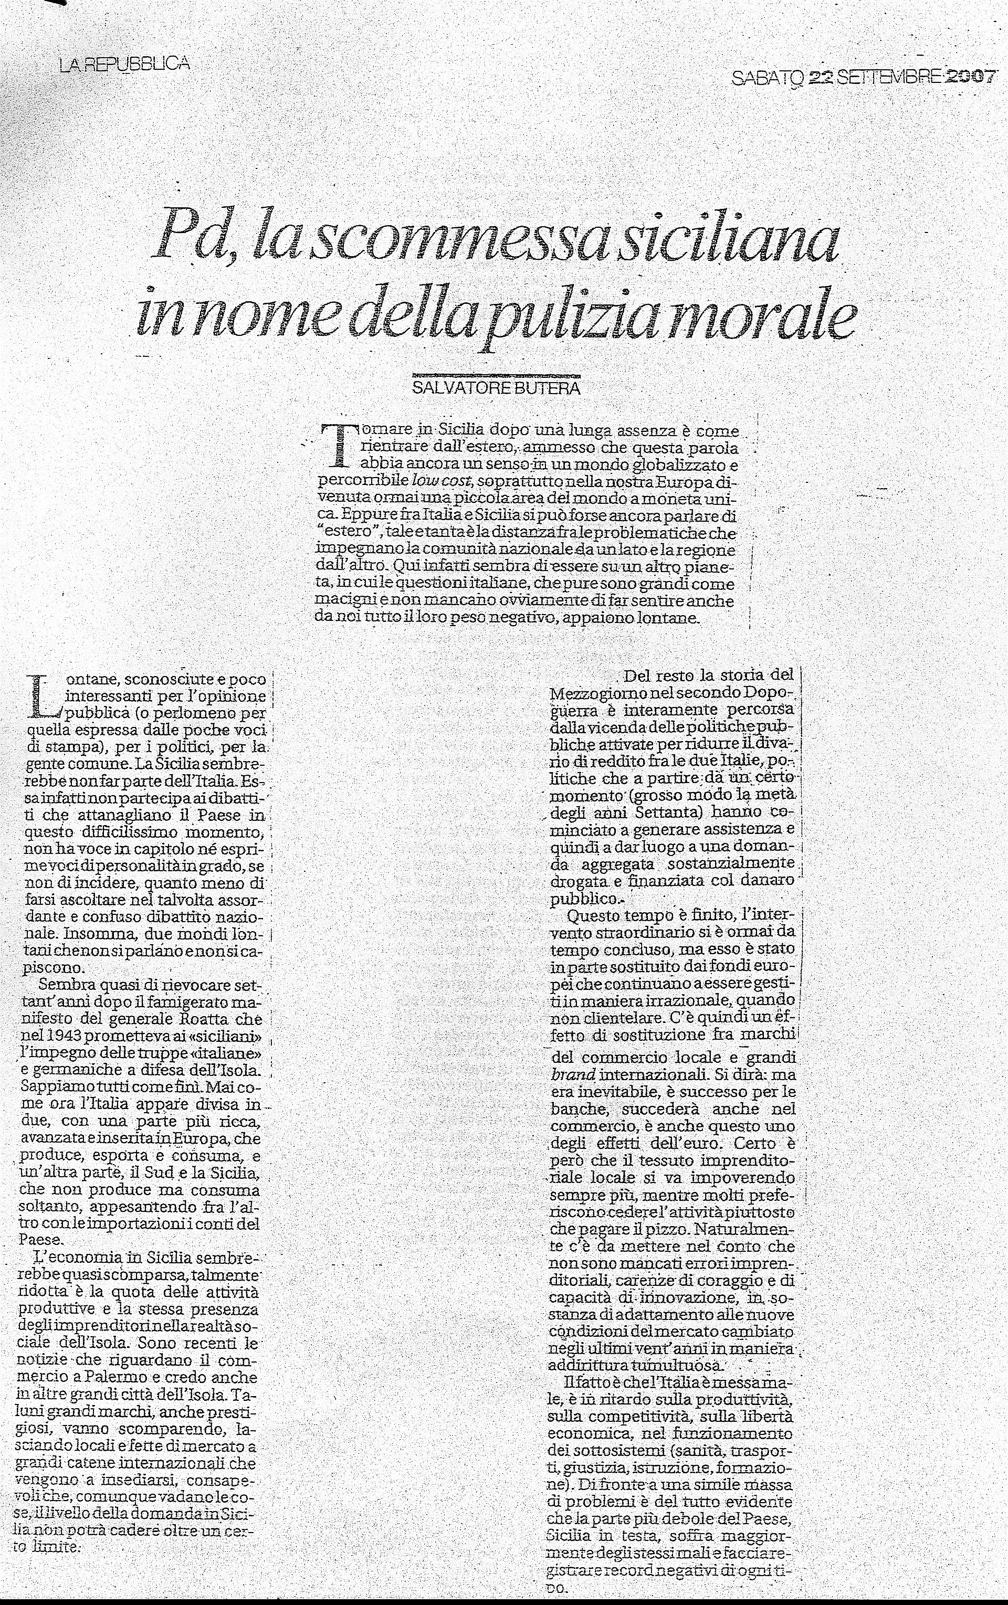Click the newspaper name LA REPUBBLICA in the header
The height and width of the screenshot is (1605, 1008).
(x=124, y=64)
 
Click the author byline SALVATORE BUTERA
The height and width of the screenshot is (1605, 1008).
(x=496, y=388)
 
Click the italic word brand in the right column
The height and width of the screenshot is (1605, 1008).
(x=573, y=1075)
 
